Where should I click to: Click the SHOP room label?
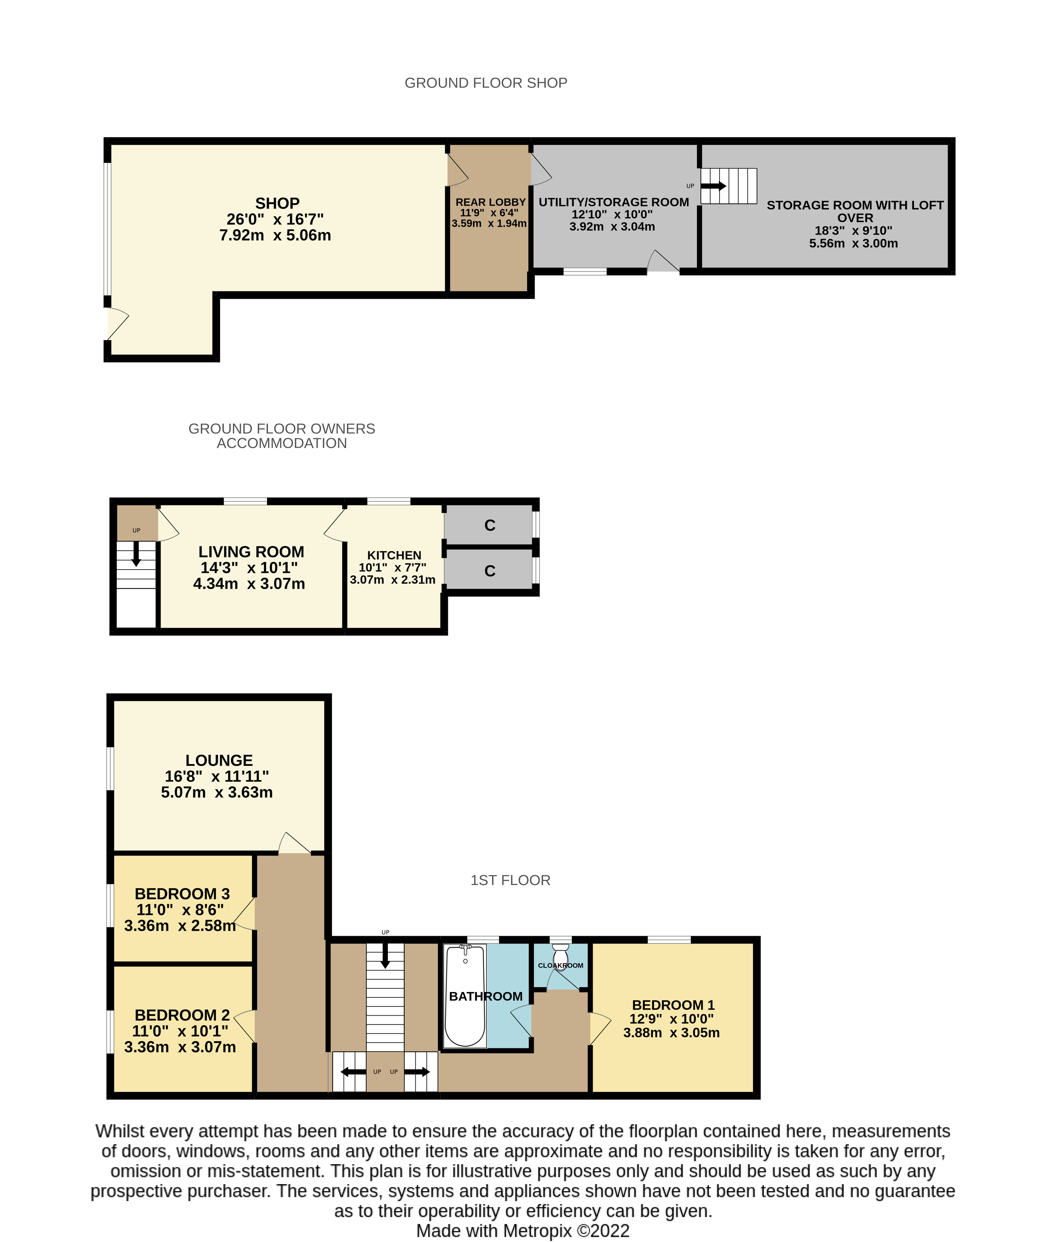pos(277,203)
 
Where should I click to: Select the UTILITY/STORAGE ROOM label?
pos(613,202)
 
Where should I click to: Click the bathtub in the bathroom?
pos(465,996)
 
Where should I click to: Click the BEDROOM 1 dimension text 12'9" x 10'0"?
pos(671,1019)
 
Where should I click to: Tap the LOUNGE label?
pos(219,760)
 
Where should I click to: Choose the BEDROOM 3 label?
pos(182,894)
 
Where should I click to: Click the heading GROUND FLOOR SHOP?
pos(486,83)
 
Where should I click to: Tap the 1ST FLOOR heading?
pos(510,880)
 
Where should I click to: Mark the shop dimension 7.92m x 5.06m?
pos(275,235)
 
